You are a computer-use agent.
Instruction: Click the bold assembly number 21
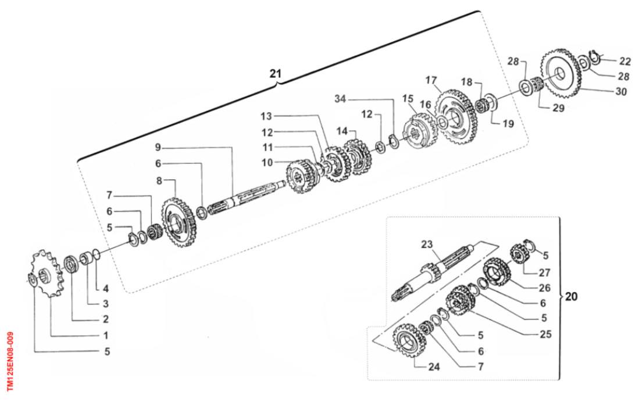click(x=275, y=74)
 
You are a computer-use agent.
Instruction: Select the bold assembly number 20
click(x=572, y=296)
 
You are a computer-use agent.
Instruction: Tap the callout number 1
click(x=106, y=335)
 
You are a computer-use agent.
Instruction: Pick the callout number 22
click(x=624, y=60)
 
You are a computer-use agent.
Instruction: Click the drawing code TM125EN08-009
click(x=10, y=361)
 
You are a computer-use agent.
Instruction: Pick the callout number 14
click(x=343, y=132)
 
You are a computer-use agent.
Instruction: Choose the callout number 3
click(x=106, y=303)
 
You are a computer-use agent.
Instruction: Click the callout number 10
click(x=266, y=163)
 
